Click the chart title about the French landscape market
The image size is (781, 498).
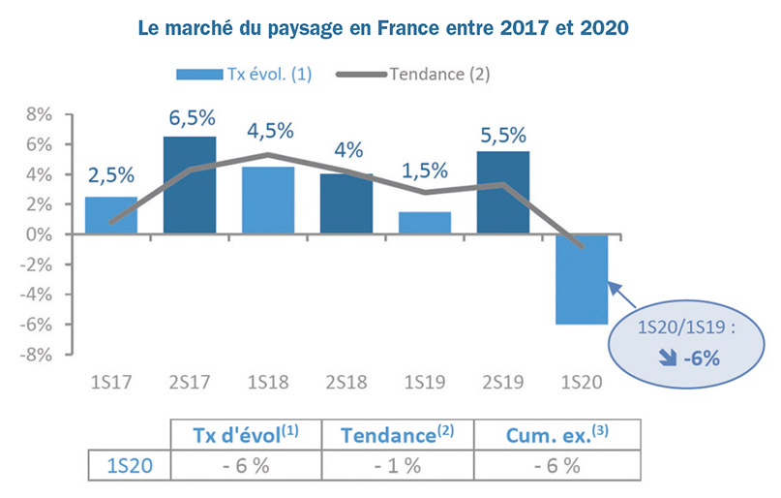[x=390, y=26]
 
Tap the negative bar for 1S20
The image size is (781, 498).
[x=581, y=279]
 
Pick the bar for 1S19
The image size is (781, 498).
[x=424, y=223]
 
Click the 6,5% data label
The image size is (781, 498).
[x=190, y=118]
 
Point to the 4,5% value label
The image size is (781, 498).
[x=268, y=131]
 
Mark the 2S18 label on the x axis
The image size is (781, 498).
[x=346, y=382]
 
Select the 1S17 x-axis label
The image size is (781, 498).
[x=111, y=382]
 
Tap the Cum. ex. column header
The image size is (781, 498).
[x=556, y=435]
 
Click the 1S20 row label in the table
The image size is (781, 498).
[x=129, y=465]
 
